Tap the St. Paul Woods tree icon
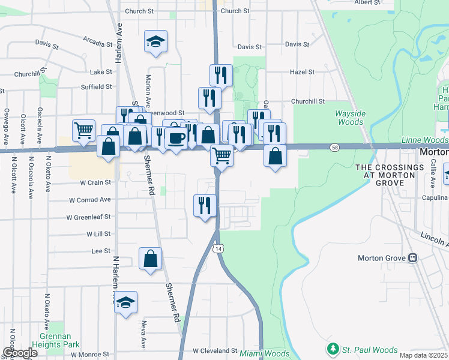pos(333,349)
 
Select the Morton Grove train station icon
pos(412,259)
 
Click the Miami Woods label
pos(264,353)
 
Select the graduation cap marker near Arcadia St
pos(155,41)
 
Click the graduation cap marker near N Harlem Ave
pos(126,301)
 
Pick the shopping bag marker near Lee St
pos(150,258)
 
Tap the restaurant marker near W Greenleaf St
pos(205,205)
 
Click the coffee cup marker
pos(176,137)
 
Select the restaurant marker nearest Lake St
pos(221,75)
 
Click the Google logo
pos(20,353)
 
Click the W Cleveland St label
pos(215,350)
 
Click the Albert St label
pos(367,2)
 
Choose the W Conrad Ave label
pos(89,200)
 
